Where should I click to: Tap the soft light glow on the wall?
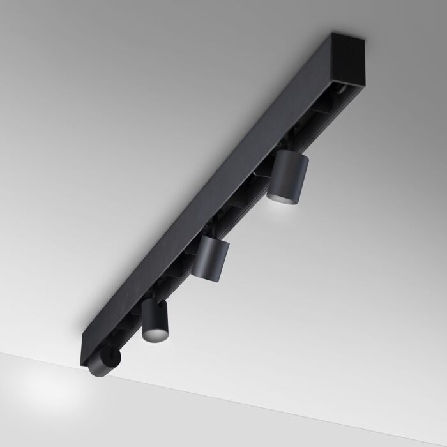click(x=45, y=390)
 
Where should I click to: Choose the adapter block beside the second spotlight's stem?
click(x=192, y=252)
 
